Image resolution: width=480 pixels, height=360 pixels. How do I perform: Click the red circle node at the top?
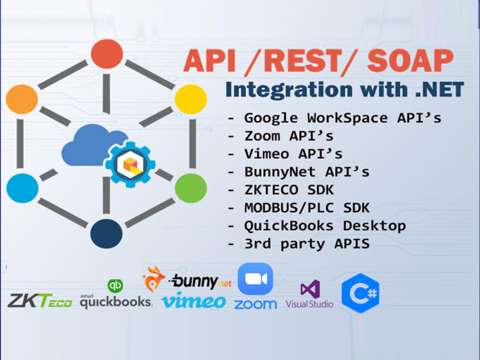point(107,54)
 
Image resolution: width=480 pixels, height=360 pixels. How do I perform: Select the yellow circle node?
point(191,99)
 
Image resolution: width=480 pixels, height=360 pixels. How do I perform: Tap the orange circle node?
point(22,99)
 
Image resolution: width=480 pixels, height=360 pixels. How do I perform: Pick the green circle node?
point(191,188)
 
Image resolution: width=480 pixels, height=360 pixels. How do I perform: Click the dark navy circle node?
point(106,234)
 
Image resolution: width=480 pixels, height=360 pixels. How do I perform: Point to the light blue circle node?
point(23,188)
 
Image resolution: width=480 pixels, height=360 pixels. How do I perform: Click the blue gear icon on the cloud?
point(130,164)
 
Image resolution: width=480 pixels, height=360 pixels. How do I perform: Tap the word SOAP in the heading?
point(410,60)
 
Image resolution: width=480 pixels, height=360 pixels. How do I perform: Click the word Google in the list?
point(271,119)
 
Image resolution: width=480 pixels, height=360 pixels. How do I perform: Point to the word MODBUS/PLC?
point(289,208)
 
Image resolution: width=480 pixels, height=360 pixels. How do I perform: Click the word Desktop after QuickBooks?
point(374,226)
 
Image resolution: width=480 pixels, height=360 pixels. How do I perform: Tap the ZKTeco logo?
point(40,300)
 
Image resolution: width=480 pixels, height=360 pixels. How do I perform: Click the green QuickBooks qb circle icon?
point(115,286)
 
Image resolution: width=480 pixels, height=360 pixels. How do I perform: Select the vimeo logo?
point(194,300)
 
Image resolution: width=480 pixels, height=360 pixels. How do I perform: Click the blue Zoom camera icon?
point(255,278)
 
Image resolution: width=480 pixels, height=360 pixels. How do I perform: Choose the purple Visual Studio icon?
point(311,289)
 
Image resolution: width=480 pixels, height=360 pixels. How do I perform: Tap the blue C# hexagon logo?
point(360,293)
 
